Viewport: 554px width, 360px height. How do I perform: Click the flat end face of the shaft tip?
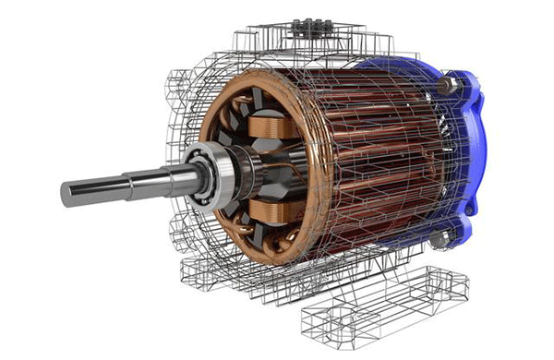(67, 194)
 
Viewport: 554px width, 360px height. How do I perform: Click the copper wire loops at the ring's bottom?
(268, 254)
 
